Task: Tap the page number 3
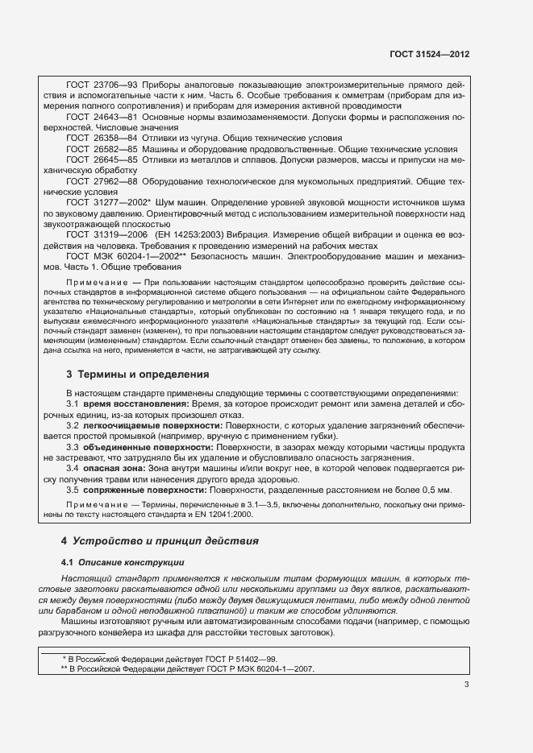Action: pyautogui.click(x=466, y=685)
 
